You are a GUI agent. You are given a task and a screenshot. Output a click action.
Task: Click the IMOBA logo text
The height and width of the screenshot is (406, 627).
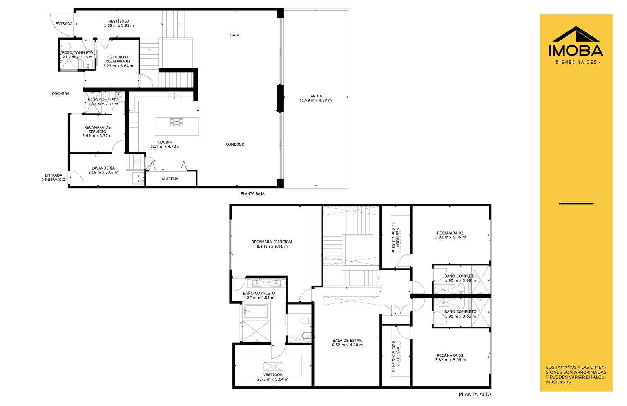click(576, 51)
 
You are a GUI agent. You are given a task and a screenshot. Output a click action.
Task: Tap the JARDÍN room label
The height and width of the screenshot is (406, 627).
click(315, 96)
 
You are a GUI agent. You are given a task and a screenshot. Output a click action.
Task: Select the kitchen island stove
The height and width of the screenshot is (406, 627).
click(177, 123)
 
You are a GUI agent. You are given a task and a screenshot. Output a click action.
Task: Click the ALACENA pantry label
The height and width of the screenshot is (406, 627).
click(170, 179)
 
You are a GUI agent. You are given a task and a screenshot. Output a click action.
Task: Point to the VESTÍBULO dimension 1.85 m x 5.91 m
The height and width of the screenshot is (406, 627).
click(119, 25)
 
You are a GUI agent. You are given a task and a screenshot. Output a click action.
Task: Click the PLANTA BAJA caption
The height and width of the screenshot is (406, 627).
click(252, 193)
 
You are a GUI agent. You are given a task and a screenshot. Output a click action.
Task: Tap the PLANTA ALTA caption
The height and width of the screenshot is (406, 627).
click(475, 395)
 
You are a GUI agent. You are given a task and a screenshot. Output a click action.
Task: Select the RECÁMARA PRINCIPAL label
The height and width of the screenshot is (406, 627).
click(272, 242)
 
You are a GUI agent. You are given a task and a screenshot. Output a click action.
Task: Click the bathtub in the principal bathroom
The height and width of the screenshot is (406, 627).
click(255, 311)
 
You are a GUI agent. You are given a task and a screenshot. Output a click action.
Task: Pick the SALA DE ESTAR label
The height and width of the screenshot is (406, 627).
click(347, 340)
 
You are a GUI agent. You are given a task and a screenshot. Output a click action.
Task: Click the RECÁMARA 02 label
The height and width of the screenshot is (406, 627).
click(450, 233)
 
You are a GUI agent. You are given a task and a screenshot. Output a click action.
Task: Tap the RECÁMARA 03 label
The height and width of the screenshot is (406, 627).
click(450, 355)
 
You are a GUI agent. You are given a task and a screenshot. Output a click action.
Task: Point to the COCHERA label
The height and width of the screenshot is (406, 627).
click(60, 94)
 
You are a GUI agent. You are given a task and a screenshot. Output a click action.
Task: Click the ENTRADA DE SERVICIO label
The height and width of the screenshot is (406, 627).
click(53, 178)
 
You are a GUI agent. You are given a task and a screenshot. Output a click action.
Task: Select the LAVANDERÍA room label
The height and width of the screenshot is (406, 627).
click(103, 168)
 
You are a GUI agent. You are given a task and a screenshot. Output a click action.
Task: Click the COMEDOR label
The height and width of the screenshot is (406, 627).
click(235, 144)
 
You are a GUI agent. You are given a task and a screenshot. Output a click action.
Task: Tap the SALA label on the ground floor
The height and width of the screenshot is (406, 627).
click(235, 35)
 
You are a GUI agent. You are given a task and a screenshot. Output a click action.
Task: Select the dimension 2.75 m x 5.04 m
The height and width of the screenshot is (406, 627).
click(273, 379)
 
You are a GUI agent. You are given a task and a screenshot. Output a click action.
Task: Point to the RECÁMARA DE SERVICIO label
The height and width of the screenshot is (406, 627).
click(98, 130)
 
